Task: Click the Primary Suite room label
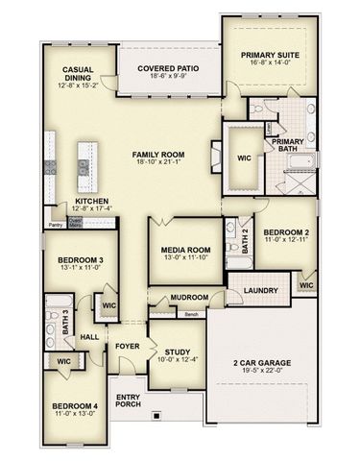click(271, 57)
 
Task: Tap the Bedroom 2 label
click(286, 231)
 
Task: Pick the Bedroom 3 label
click(80, 261)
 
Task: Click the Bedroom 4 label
click(74, 406)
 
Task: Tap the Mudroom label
click(189, 298)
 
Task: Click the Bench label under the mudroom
click(191, 314)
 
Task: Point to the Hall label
click(89, 337)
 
